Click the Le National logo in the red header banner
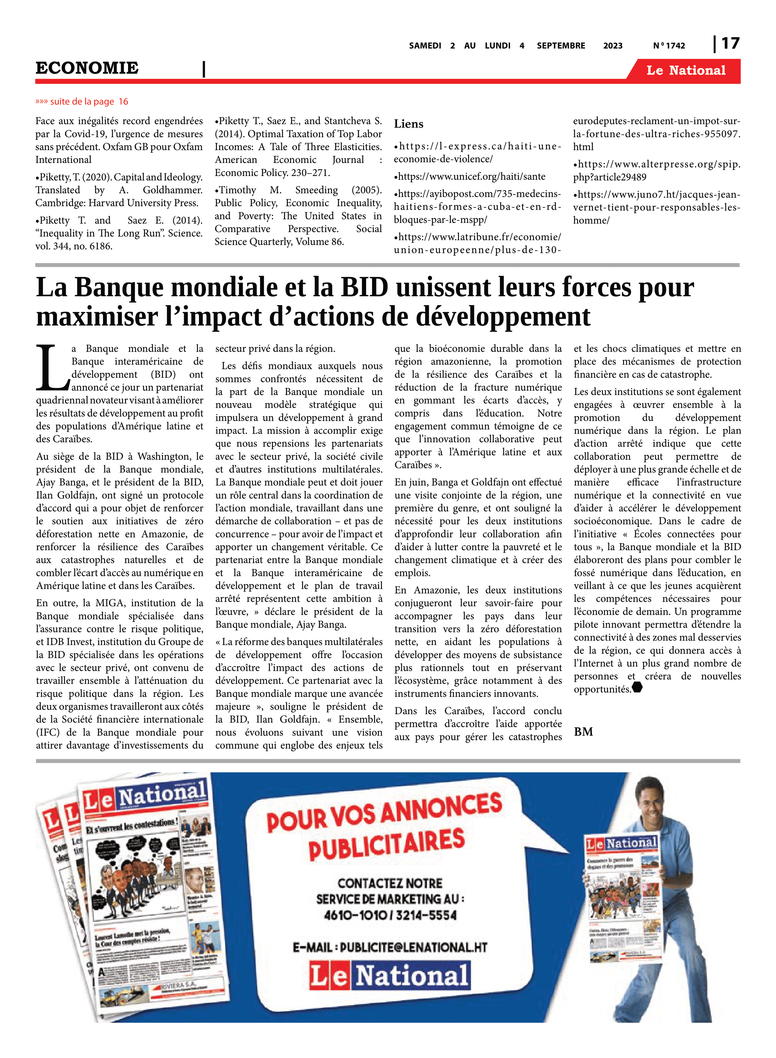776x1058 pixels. point(685,71)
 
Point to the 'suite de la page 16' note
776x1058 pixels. point(82,102)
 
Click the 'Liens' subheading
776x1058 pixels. point(408,124)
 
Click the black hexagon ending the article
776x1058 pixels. point(637,687)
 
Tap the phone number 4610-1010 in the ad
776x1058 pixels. point(355,915)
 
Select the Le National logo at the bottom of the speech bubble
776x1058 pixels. point(389,976)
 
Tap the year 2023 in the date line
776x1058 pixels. point(613,46)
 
